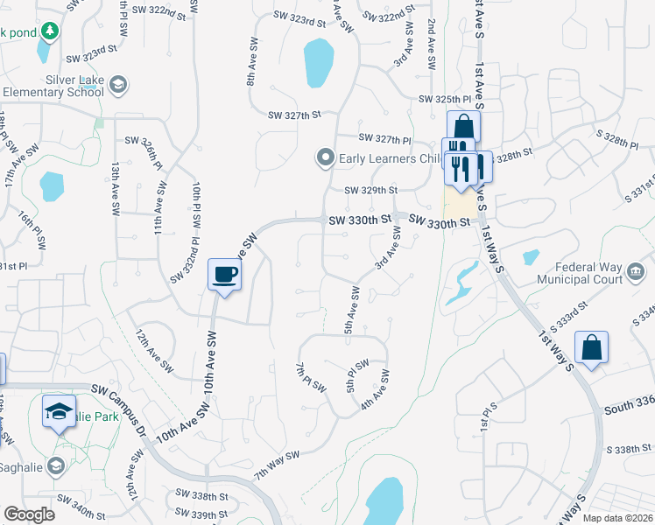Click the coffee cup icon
click(x=225, y=275)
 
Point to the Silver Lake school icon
click(x=119, y=85)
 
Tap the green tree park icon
click(x=50, y=31)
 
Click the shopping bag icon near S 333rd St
click(x=592, y=347)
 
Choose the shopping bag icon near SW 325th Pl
click(x=463, y=126)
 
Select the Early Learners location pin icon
click(x=326, y=158)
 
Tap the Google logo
click(x=29, y=514)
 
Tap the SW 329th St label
click(x=370, y=190)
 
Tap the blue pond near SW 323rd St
click(x=318, y=65)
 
